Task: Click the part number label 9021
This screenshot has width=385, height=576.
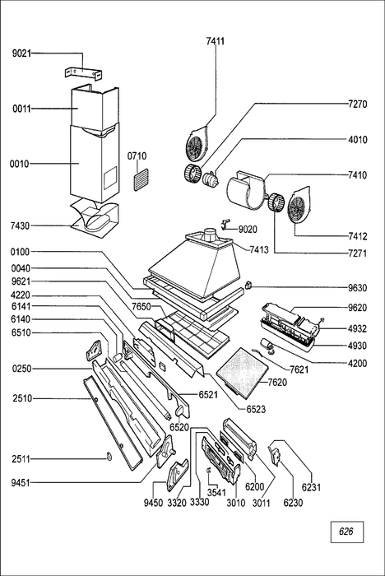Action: [x=21, y=53]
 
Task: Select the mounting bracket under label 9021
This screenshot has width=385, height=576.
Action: [x=83, y=73]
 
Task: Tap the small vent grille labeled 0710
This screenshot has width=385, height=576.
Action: [x=141, y=180]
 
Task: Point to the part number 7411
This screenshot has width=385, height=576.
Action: [x=216, y=41]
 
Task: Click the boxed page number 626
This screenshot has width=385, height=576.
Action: [x=347, y=532]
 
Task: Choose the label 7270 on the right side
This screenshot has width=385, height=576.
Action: [x=358, y=104]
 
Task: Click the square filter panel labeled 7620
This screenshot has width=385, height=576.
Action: [x=240, y=373]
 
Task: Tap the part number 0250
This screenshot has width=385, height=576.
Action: [x=21, y=369]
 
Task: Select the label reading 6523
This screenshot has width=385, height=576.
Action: [x=256, y=409]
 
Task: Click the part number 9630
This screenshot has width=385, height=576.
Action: [x=358, y=288]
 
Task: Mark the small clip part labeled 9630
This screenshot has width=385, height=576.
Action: [x=248, y=285]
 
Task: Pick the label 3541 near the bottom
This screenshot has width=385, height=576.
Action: [x=216, y=492]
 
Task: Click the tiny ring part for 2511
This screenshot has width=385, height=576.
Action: [x=109, y=457]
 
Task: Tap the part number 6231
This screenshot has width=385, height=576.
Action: [x=311, y=487]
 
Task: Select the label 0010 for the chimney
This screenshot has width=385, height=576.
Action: [x=20, y=164]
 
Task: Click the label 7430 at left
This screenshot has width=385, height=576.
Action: [x=21, y=225]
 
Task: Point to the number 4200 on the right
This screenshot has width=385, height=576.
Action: [x=358, y=364]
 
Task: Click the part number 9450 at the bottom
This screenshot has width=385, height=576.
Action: [x=153, y=503]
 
